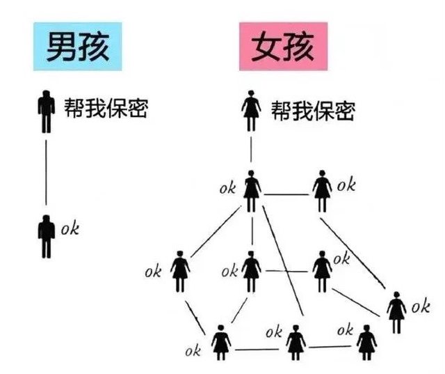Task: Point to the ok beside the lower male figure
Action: point(70,228)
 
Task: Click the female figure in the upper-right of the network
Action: point(321,190)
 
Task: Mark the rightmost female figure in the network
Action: point(396,313)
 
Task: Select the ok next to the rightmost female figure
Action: point(420,306)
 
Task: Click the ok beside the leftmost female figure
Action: point(153,271)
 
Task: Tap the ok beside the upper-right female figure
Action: point(346,185)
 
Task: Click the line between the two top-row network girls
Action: point(286,194)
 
